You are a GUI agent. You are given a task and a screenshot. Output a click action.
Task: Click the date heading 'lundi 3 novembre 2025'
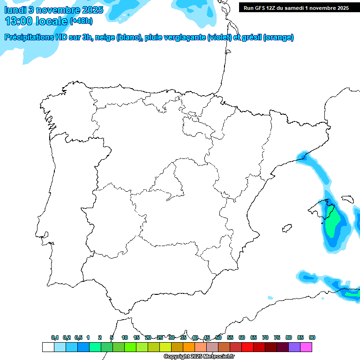point(54,10)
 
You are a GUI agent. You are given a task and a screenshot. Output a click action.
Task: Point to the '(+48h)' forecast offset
point(81,22)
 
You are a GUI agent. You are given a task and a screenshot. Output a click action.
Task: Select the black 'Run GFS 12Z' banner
point(296,8)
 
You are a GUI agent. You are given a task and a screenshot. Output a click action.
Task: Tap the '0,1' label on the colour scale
point(55,338)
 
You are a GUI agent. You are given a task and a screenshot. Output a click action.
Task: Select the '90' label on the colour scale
point(312,338)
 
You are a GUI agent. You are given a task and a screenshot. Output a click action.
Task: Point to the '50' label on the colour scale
point(218,338)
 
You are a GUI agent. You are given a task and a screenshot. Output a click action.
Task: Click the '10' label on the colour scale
point(125,338)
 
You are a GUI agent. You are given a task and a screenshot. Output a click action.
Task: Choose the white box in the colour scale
point(48,347)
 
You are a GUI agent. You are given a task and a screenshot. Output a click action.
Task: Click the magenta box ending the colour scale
point(306,347)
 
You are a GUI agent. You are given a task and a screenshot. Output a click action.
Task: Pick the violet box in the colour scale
point(294,347)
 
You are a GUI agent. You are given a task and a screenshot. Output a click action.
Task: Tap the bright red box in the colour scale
point(247,347)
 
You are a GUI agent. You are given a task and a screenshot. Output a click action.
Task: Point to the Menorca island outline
point(347,198)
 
